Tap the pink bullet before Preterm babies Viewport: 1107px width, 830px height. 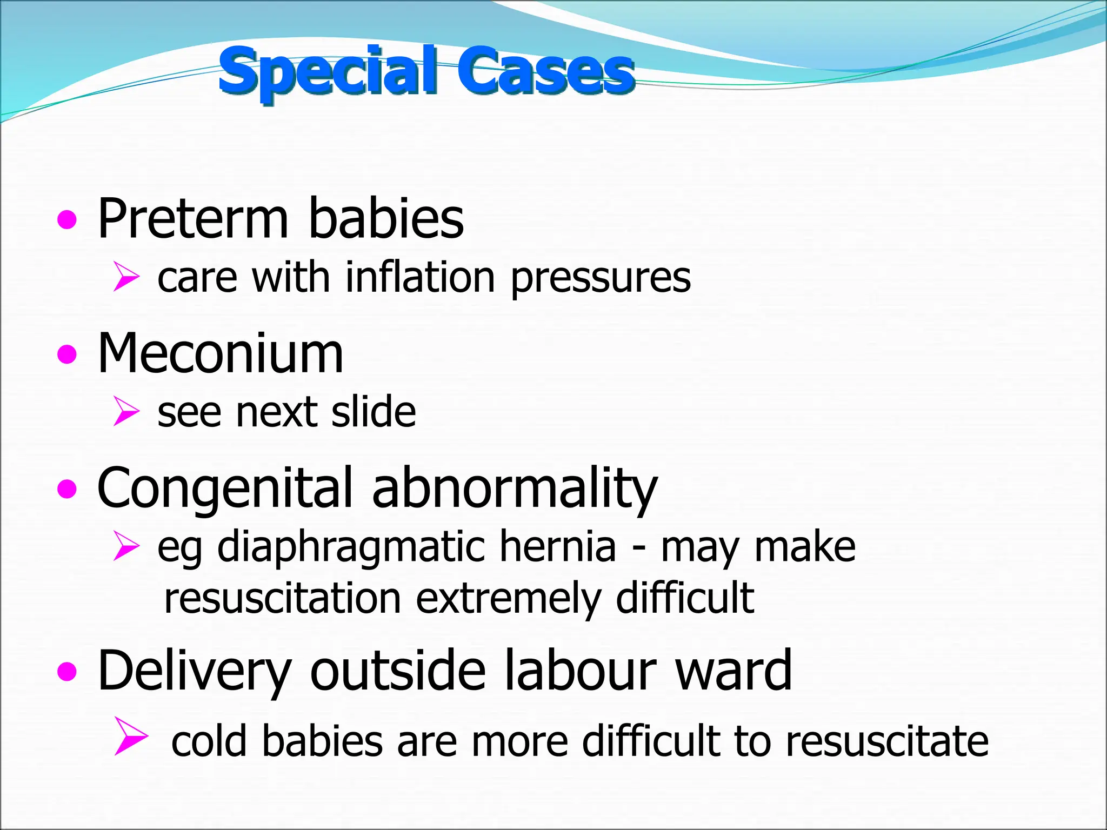pyautogui.click(x=67, y=220)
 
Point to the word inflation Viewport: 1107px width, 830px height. pyautogui.click(x=420, y=278)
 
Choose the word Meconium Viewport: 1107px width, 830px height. pyautogui.click(x=220, y=353)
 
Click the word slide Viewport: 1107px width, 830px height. pyautogui.click(x=374, y=412)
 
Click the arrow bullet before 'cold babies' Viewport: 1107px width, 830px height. pyautogui.click(x=131, y=735)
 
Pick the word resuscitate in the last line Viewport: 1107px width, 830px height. pyautogui.click(x=887, y=741)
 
